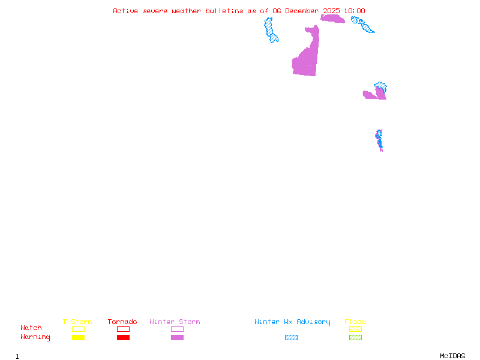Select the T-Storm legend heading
pyautogui.click(x=77, y=322)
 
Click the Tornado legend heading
pyautogui.click(x=122, y=322)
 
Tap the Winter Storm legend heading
pyautogui.click(x=175, y=322)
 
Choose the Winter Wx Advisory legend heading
pyautogui.click(x=292, y=322)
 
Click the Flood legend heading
pyautogui.click(x=355, y=322)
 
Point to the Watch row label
pyautogui.click(x=31, y=328)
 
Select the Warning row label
pyautogui.click(x=35, y=337)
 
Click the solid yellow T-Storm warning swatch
pyautogui.click(x=78, y=338)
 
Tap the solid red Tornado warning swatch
pyautogui.click(x=123, y=338)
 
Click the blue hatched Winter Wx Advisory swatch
pyautogui.click(x=291, y=338)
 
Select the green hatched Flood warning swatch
pyautogui.click(x=355, y=338)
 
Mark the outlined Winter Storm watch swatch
pyautogui.click(x=177, y=329)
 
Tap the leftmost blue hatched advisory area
pyautogui.click(x=271, y=30)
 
